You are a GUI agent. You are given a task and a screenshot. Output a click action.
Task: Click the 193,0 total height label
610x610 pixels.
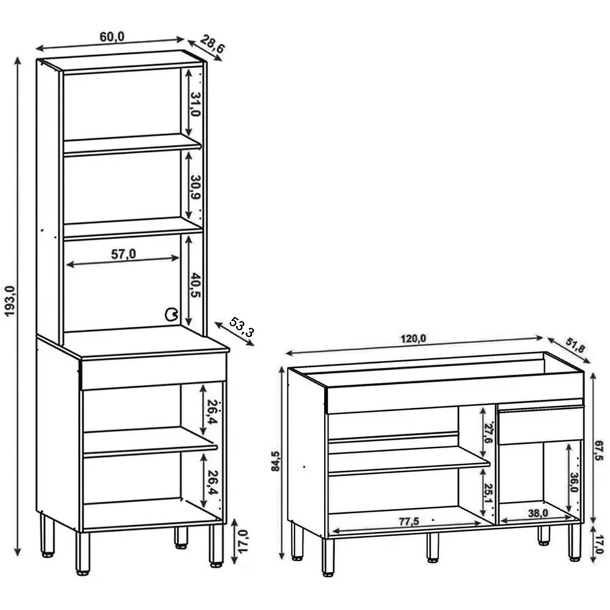pos(10,301)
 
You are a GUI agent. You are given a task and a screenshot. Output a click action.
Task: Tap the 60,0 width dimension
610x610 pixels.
pos(112,37)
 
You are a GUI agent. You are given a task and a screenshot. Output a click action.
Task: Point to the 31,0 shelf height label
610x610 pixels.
pos(196,105)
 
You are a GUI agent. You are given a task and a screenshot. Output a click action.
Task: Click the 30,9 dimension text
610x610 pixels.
pos(196,187)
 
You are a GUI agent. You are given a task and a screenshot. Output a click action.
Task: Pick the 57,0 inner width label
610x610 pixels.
pos(124,254)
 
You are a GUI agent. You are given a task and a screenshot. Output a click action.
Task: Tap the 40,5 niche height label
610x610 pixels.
pos(196,285)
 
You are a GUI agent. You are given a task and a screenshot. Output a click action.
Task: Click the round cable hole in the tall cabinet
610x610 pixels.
pos(171,314)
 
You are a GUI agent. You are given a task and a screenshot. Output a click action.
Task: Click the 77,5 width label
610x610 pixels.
pos(409,521)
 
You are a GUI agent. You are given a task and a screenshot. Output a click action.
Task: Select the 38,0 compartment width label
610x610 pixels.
pos(538,513)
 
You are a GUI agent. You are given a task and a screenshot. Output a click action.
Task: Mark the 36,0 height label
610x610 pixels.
pos(573,482)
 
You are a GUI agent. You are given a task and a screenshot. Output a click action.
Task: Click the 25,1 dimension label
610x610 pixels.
pos(488,493)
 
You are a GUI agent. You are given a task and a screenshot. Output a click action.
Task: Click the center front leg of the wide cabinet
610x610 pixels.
pos(432,547)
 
